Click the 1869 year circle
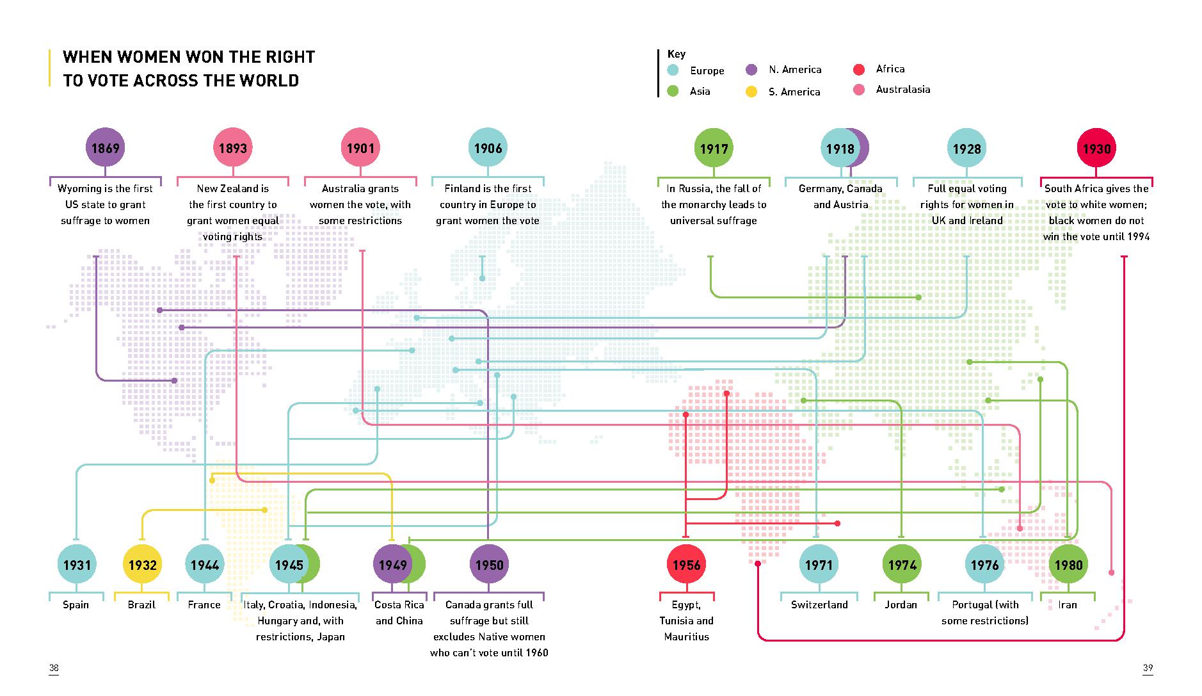(105, 148)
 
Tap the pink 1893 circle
(232, 148)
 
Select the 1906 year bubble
(488, 148)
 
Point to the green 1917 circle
(714, 149)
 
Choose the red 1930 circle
(1096, 149)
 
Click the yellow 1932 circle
(142, 565)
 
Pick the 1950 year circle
(489, 565)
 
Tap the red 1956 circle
(686, 565)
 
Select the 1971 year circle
(819, 565)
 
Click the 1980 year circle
(1068, 565)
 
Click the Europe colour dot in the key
(673, 70)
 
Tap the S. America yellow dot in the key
(751, 92)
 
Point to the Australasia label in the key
(902, 90)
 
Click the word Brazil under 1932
(141, 604)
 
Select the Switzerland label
(819, 604)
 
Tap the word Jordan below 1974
(901, 604)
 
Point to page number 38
(54, 668)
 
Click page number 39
(1148, 668)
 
